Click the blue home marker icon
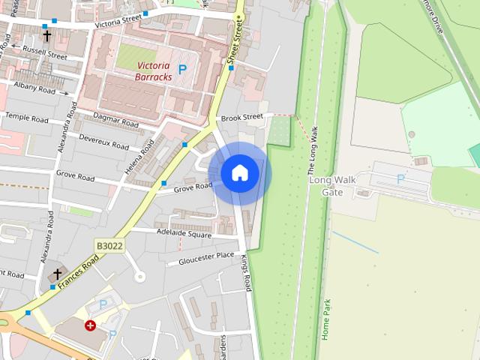click(x=240, y=172)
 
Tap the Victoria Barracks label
click(x=154, y=70)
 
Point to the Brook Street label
click(x=241, y=117)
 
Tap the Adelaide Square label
click(x=184, y=233)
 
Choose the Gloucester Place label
click(x=205, y=258)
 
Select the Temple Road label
click(x=27, y=118)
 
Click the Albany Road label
click(x=34, y=88)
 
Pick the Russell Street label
click(x=45, y=52)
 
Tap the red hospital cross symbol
click(x=91, y=325)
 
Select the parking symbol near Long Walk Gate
click(x=400, y=178)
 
